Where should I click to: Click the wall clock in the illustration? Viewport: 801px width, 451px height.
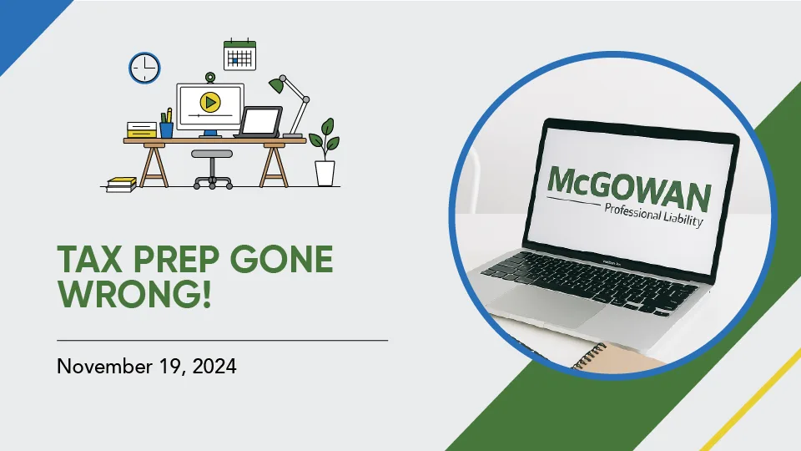pyautogui.click(x=144, y=68)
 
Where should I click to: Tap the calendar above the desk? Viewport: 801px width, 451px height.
pyautogui.click(x=239, y=55)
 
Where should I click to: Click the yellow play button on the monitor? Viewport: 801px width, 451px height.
pyautogui.click(x=210, y=102)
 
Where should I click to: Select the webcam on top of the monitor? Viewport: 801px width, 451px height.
pyautogui.click(x=210, y=78)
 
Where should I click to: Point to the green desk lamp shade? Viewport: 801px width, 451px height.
pyautogui.click(x=277, y=85)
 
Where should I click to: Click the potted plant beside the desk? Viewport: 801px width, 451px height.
pyautogui.click(x=325, y=152)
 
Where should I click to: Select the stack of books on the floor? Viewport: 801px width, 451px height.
pyautogui.click(x=122, y=185)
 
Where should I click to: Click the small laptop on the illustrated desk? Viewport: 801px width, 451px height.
pyautogui.click(x=259, y=122)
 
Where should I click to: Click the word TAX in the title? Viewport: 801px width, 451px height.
pyautogui.click(x=89, y=259)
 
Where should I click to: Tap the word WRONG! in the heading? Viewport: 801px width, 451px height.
pyautogui.click(x=134, y=293)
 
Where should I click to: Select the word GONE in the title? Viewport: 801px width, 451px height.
pyautogui.click(x=285, y=259)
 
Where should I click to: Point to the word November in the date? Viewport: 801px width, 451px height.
pyautogui.click(x=104, y=366)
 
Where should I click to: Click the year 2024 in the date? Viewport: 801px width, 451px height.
pyautogui.click(x=214, y=366)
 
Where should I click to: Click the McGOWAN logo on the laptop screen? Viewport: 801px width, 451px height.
pyautogui.click(x=629, y=188)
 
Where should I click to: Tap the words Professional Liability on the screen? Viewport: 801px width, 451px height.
pyautogui.click(x=654, y=215)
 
